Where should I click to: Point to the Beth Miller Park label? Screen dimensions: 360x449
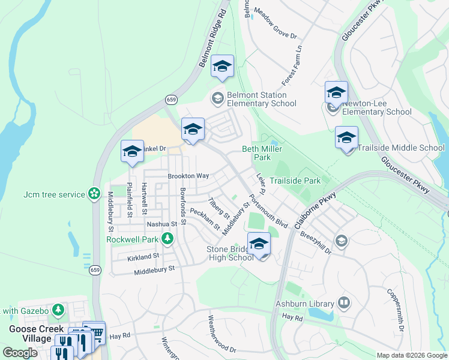262,153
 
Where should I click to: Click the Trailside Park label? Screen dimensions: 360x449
295,180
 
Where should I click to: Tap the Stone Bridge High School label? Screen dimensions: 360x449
230,253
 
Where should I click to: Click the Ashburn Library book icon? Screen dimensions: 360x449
344,302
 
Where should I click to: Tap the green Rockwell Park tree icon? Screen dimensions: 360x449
167,239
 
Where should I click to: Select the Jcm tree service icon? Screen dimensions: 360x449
94,193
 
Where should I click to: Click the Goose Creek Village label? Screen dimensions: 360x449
30,334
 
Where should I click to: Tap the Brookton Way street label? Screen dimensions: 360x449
188,176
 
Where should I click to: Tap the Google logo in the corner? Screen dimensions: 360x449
20,352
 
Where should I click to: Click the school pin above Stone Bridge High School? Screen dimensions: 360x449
259,244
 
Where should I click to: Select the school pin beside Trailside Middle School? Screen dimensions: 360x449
346,139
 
